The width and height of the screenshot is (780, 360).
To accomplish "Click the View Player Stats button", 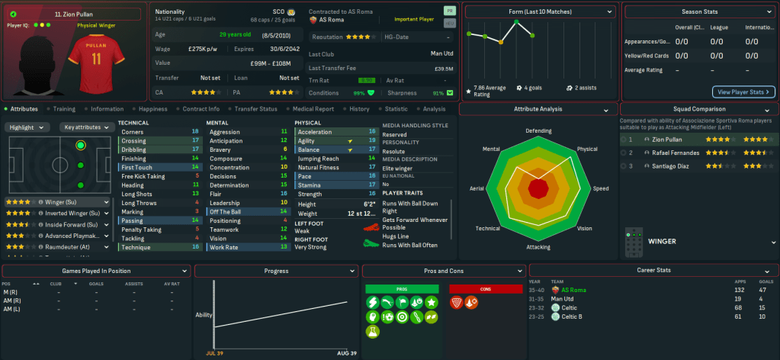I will point(743,92).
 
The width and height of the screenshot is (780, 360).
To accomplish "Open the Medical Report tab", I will point(313,109).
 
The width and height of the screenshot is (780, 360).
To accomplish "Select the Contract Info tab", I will point(201,109).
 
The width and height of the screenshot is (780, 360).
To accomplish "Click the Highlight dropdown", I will point(28,127).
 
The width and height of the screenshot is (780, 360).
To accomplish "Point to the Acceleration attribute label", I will point(315,131).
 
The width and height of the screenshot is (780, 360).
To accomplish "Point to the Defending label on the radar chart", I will point(538,130).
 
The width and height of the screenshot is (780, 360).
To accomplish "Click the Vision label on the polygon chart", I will point(584,228).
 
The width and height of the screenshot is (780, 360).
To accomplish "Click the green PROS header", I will point(403,289).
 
